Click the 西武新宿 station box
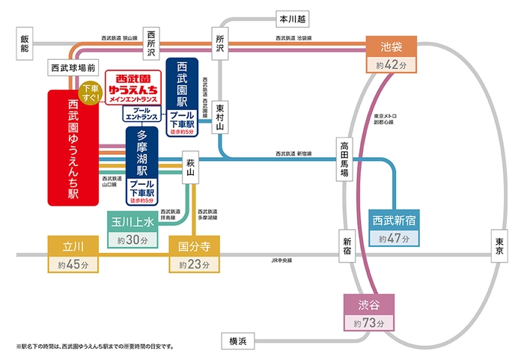[x=394, y=222]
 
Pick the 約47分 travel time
[x=394, y=240]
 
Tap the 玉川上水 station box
[x=132, y=222]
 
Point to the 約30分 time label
[x=132, y=240]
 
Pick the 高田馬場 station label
[x=344, y=158]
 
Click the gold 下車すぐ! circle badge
[x=90, y=94]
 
